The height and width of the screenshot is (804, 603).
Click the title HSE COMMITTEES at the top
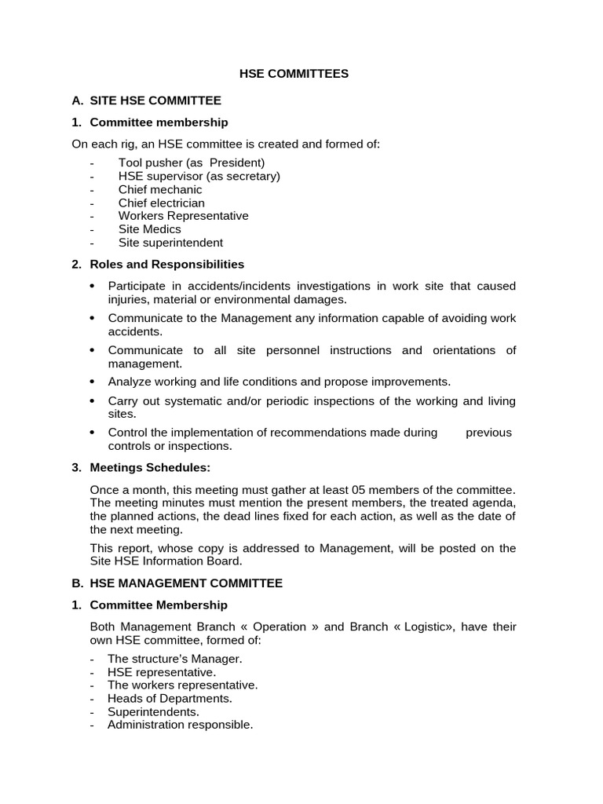click(294, 74)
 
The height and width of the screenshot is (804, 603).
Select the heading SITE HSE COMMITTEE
click(155, 100)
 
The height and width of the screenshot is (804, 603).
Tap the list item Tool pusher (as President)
click(192, 163)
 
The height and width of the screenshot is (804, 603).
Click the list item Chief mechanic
click(160, 189)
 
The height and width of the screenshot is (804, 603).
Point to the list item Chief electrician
click(162, 203)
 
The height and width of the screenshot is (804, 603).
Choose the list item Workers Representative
click(183, 216)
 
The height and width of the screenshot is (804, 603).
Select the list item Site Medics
click(150, 229)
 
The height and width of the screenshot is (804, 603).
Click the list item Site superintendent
click(170, 243)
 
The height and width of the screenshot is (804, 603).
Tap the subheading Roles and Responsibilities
click(166, 265)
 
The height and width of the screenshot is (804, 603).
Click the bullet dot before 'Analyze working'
click(93, 382)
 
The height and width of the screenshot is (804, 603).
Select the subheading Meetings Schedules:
click(150, 468)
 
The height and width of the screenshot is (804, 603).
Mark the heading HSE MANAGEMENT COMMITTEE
click(186, 583)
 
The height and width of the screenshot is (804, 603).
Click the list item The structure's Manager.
click(175, 659)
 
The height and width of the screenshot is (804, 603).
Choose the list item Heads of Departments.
click(170, 698)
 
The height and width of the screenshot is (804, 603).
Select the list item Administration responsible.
click(181, 725)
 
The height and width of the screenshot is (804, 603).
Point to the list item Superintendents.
click(153, 711)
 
